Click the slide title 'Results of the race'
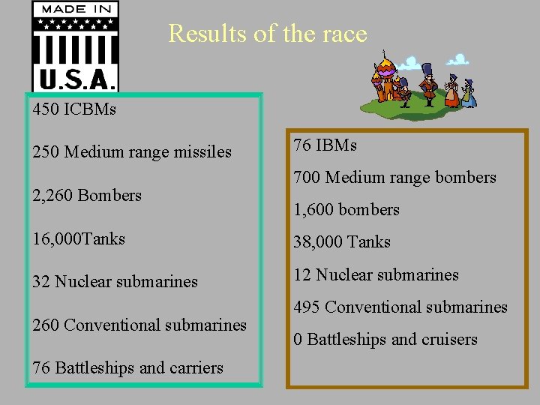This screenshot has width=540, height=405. point(268,34)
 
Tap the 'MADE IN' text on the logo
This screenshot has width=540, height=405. point(75,10)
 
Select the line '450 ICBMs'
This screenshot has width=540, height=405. point(74,109)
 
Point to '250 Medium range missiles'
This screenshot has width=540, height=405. point(132,152)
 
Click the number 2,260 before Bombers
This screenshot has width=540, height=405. point(53,196)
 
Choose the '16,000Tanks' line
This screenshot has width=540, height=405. point(79,239)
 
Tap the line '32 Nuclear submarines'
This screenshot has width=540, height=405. point(115,282)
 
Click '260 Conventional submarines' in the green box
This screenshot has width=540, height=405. point(139,325)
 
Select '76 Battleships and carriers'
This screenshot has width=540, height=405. point(127,368)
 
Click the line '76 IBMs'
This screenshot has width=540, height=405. point(325,145)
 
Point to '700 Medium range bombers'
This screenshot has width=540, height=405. point(394,178)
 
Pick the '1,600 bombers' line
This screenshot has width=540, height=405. point(346,210)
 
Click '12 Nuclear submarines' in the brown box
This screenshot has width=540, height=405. point(376,275)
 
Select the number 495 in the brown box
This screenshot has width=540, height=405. point(307,307)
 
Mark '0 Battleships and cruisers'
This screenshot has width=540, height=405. point(385,340)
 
